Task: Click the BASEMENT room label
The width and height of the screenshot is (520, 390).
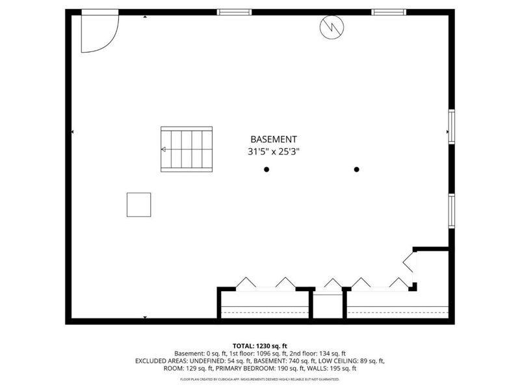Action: click(274, 139)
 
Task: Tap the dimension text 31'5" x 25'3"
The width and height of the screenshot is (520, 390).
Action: click(274, 152)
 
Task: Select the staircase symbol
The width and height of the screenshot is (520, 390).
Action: click(187, 149)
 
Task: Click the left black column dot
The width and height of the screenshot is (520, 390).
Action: click(266, 170)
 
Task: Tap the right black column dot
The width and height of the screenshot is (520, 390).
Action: click(356, 170)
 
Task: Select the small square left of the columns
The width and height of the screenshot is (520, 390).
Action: click(138, 205)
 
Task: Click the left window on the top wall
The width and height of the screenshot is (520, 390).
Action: click(234, 12)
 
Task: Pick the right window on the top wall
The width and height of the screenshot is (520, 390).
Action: click(389, 12)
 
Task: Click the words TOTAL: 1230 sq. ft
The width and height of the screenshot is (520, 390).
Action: click(260, 345)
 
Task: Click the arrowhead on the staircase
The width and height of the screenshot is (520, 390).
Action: click(164, 149)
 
